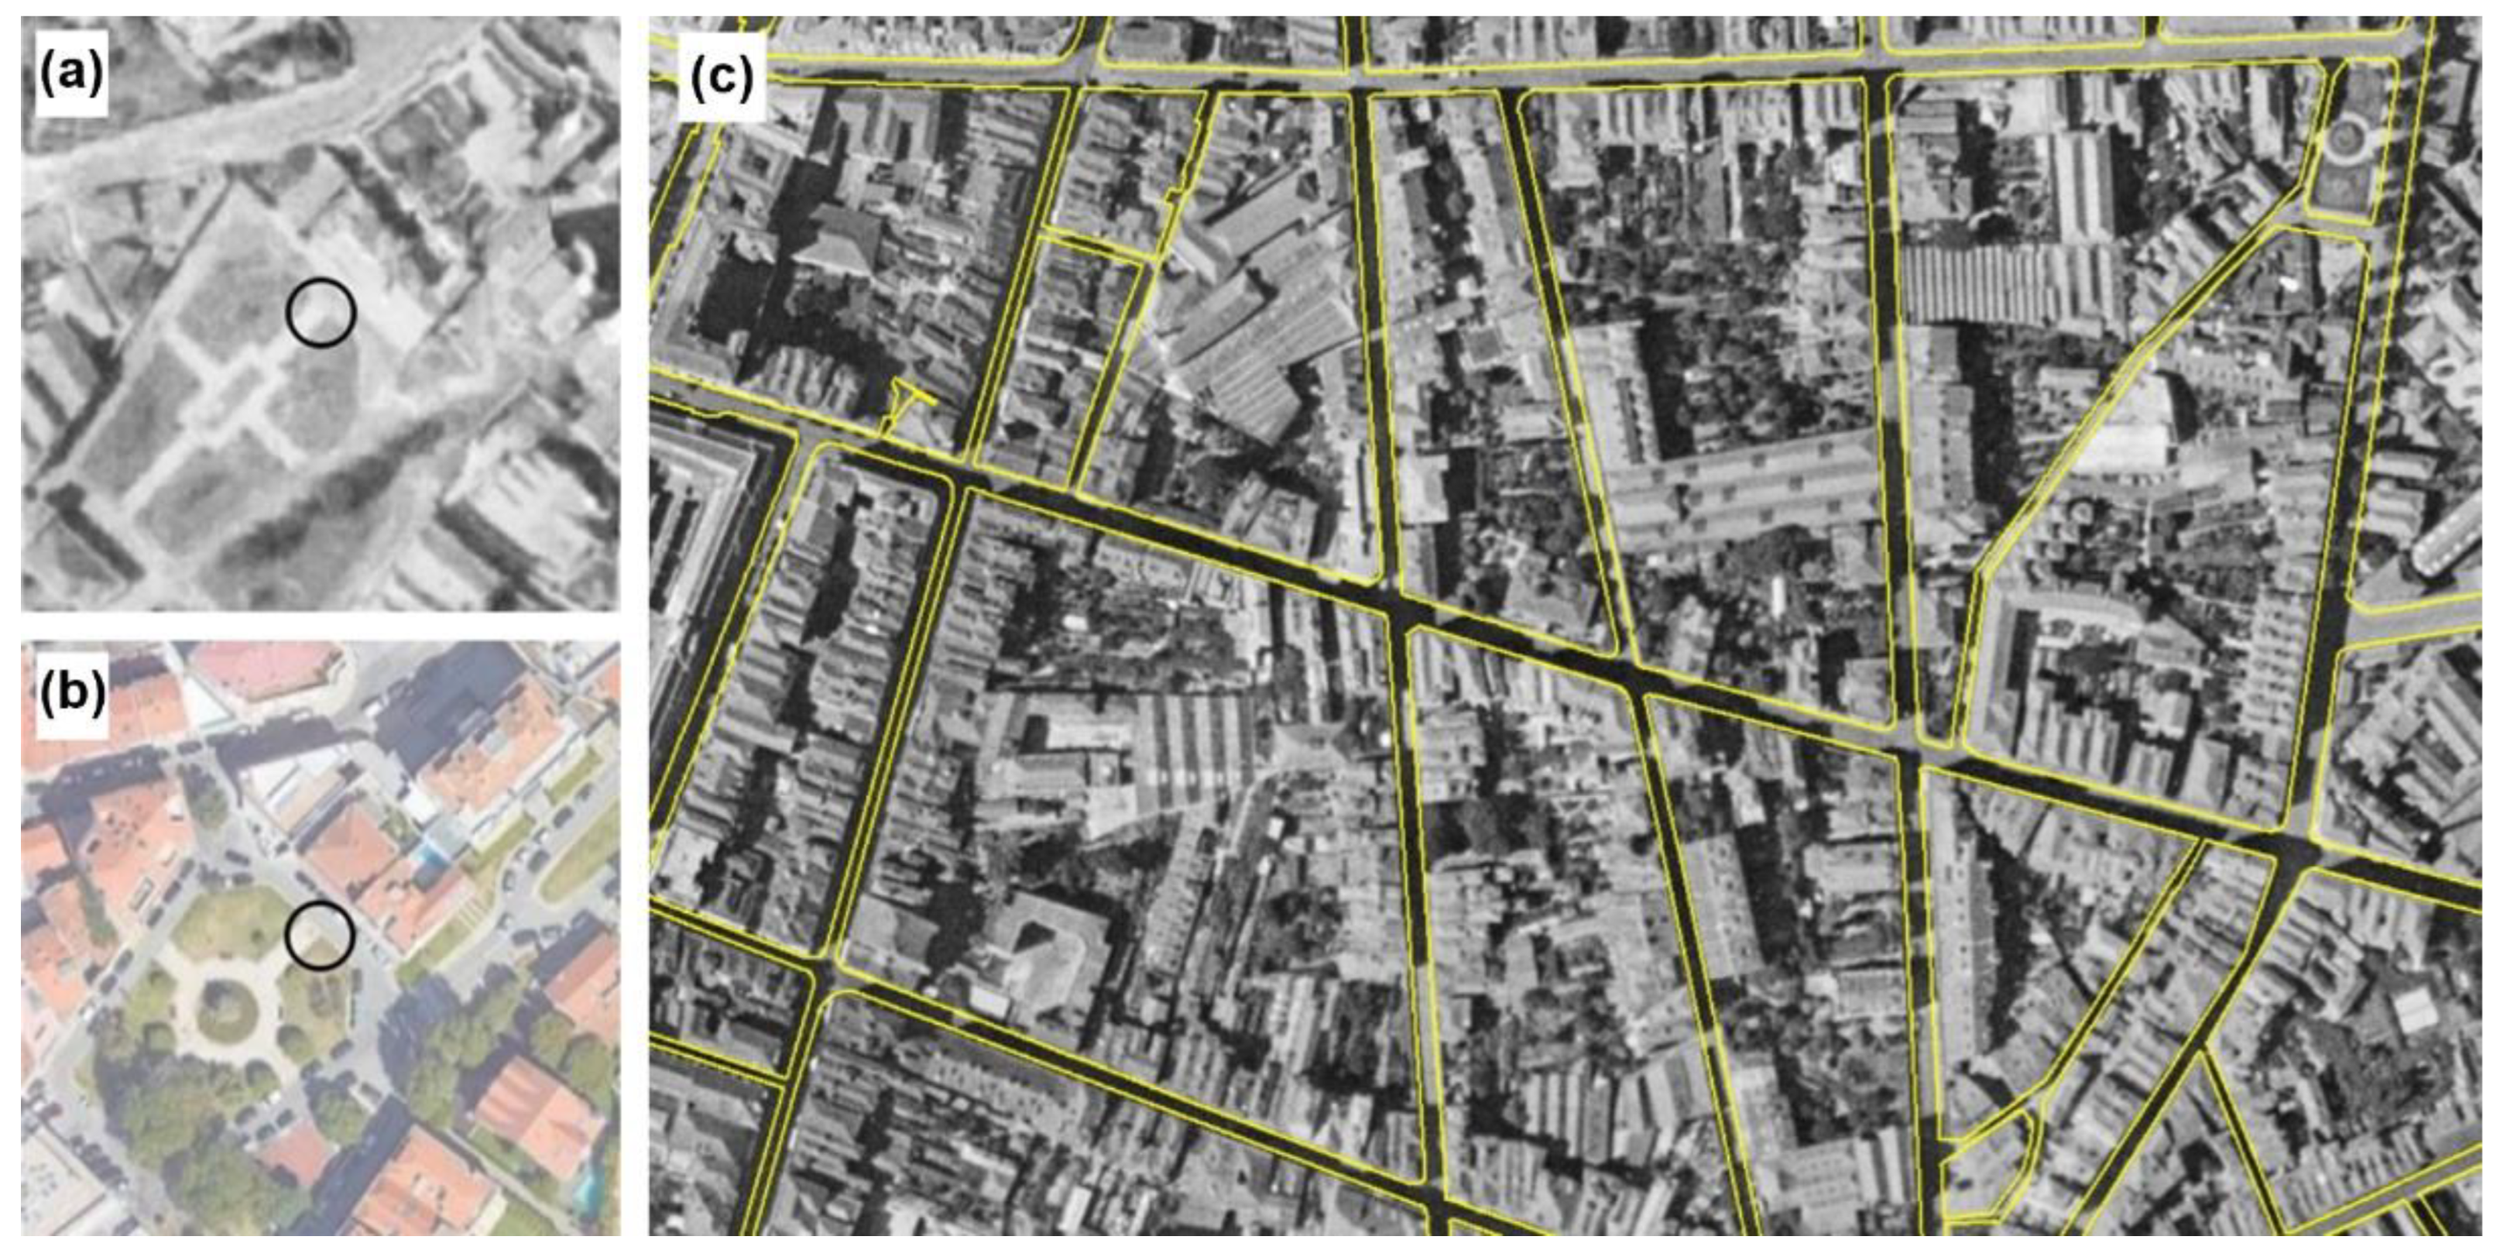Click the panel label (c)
pos(721,77)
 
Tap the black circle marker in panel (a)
pos(321,313)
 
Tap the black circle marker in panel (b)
pos(319,934)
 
